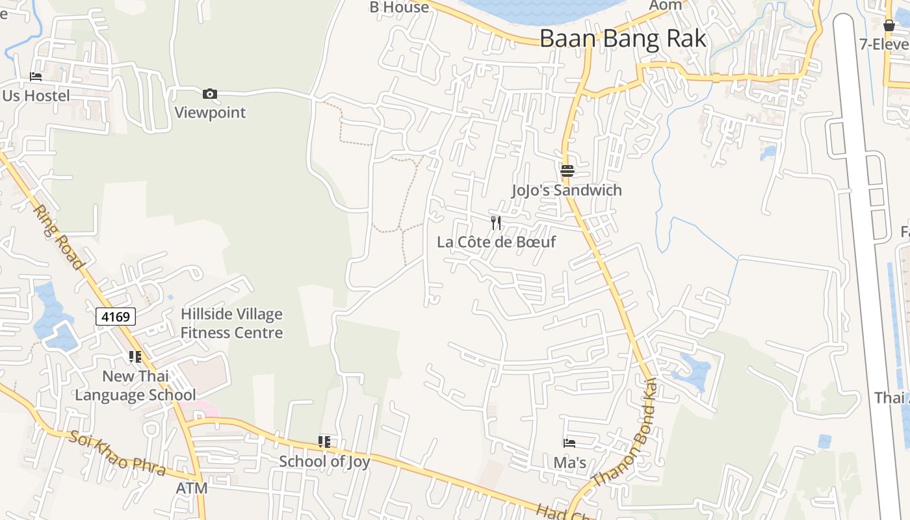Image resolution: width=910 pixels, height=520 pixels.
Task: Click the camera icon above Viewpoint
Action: pyautogui.click(x=209, y=94)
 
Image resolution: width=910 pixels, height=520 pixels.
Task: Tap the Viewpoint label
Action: pyautogui.click(x=210, y=112)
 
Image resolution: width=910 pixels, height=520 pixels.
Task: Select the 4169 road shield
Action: pyautogui.click(x=116, y=317)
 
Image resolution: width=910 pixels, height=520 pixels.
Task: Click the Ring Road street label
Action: pyautogui.click(x=58, y=237)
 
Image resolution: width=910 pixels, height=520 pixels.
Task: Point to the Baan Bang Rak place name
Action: pyautogui.click(x=622, y=38)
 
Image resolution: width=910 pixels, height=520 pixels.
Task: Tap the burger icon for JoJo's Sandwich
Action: pyautogui.click(x=567, y=171)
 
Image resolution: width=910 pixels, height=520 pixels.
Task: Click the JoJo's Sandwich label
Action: pyautogui.click(x=567, y=190)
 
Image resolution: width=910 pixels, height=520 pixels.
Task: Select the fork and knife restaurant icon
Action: pyautogui.click(x=496, y=223)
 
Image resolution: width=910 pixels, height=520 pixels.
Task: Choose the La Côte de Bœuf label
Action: pyautogui.click(x=497, y=242)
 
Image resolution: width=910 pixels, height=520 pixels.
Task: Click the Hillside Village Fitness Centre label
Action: pyautogui.click(x=231, y=323)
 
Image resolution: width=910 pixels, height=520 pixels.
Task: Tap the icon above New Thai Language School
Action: pyautogui.click(x=135, y=357)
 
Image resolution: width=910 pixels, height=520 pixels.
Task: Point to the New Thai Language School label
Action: pyautogui.click(x=135, y=385)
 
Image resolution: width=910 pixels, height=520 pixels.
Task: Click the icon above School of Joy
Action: pyautogui.click(x=324, y=443)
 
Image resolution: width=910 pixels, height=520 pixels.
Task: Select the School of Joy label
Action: pyautogui.click(x=324, y=461)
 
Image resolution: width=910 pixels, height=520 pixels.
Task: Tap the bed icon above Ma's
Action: pyautogui.click(x=569, y=443)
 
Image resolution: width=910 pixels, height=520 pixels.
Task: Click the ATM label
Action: pyautogui.click(x=192, y=487)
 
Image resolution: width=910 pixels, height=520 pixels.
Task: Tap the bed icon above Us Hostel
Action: pyautogui.click(x=36, y=77)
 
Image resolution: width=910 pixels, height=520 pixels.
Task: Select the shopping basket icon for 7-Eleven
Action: pyautogui.click(x=889, y=26)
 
